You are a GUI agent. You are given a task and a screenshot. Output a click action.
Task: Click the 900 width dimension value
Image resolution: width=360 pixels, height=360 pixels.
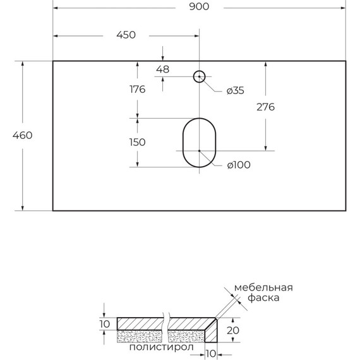(199, 7)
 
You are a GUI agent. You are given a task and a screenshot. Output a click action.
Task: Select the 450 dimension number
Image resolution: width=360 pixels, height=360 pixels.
(126, 35)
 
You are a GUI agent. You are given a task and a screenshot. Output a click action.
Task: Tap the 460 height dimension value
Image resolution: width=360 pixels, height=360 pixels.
(23, 135)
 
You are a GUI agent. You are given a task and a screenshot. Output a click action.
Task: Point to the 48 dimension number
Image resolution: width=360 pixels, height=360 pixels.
(162, 69)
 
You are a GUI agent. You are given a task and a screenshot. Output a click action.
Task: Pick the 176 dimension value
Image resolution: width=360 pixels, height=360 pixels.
(137, 89)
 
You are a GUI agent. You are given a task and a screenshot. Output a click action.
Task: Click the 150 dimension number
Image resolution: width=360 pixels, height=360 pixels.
(137, 142)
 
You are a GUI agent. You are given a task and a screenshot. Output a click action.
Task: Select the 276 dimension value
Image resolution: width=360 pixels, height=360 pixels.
(265, 107)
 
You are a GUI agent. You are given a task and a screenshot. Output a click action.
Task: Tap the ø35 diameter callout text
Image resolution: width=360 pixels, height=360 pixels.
(236, 91)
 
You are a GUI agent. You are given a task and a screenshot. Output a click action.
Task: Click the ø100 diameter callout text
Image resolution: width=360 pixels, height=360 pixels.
(239, 165)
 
